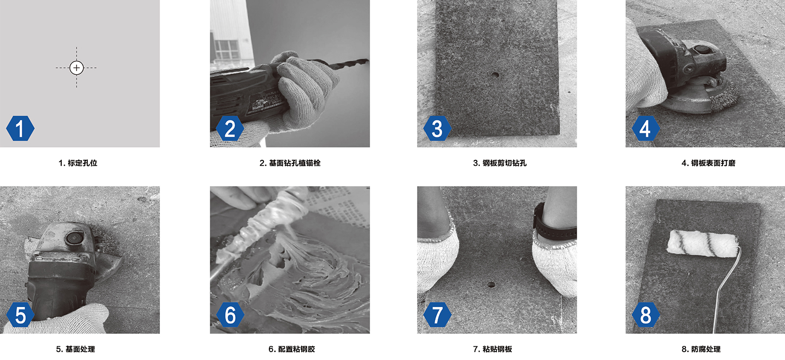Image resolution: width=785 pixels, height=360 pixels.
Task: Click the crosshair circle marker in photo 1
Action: click(x=77, y=68)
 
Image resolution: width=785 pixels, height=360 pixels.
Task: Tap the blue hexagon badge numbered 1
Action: click(x=20, y=128)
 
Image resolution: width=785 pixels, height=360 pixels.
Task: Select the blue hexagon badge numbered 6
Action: click(x=230, y=314)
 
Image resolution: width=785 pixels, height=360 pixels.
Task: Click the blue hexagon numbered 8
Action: click(x=646, y=314)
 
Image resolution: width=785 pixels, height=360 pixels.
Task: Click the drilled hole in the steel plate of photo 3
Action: click(x=495, y=75)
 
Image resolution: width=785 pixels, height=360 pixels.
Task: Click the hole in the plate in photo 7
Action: click(x=491, y=284)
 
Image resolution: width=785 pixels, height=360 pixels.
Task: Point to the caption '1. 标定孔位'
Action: click(x=78, y=163)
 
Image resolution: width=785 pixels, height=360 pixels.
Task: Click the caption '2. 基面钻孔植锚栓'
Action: click(x=290, y=163)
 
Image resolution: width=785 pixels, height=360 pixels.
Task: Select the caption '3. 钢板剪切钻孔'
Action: click(x=499, y=163)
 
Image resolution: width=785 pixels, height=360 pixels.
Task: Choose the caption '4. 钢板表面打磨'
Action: click(x=708, y=163)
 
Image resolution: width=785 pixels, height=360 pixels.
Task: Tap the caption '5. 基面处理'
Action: click(x=76, y=349)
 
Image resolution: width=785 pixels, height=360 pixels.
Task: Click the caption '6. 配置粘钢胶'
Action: click(x=291, y=349)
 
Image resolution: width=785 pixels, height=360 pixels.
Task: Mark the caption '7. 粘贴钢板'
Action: click(x=493, y=349)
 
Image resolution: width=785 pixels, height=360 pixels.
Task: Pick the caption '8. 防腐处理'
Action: click(x=701, y=349)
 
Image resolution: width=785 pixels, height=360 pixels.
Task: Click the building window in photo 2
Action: click(x=226, y=50)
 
